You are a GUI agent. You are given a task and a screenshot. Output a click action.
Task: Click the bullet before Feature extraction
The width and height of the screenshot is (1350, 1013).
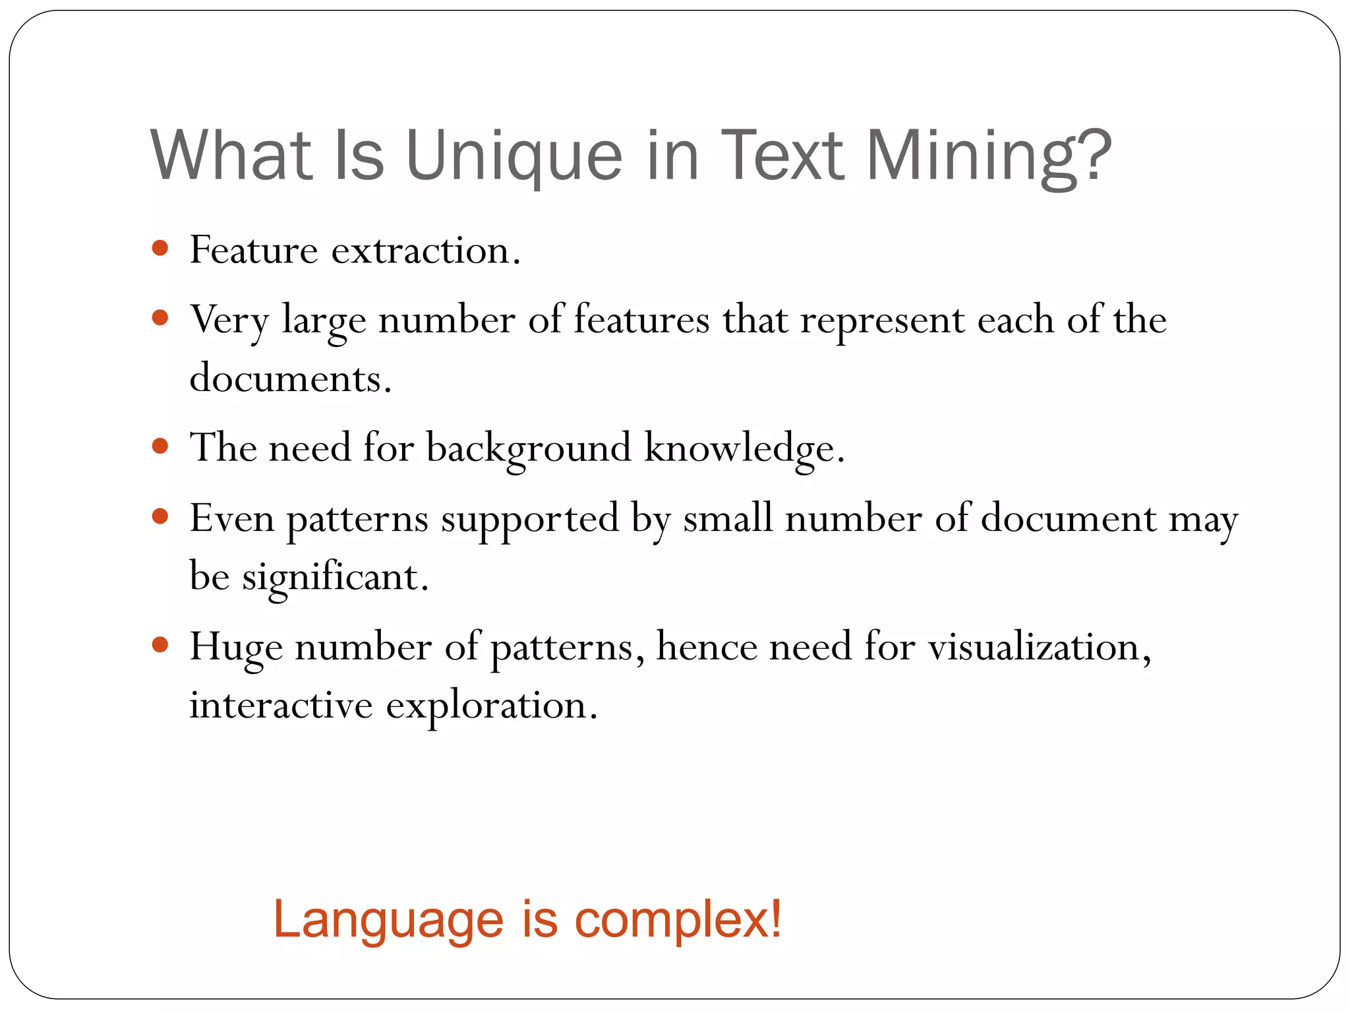[160, 249]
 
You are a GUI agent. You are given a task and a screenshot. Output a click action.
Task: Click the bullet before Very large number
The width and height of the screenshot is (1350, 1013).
[160, 319]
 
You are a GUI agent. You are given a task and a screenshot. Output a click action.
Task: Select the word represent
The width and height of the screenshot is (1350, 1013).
[883, 321]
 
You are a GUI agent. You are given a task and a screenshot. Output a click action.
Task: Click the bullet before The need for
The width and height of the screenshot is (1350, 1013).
[160, 446]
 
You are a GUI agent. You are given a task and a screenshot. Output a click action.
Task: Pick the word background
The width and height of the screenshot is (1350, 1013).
[529, 449]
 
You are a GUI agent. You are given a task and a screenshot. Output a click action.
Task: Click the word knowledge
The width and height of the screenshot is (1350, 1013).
[744, 449]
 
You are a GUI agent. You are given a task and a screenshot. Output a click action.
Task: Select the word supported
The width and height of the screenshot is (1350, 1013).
[530, 519]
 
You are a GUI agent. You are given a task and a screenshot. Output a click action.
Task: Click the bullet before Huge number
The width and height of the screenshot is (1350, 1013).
[160, 644]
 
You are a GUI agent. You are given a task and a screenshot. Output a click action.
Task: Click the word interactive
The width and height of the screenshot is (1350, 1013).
[281, 705]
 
